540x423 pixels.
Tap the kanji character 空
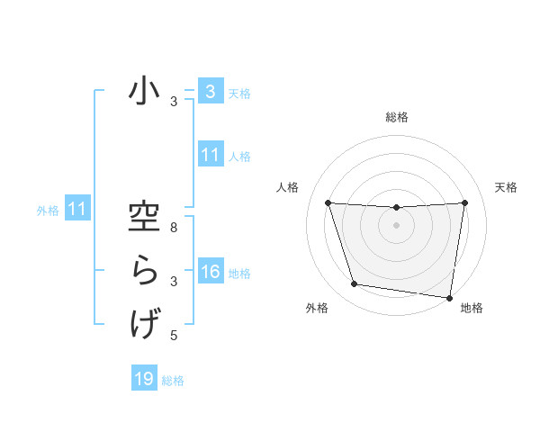[x=144, y=219]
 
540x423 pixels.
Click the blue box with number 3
[x=209, y=91]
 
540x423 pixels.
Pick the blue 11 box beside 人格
[x=210, y=155]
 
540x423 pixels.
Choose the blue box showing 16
[x=210, y=272]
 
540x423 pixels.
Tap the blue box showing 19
[x=144, y=379]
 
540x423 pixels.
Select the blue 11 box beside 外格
[x=77, y=209]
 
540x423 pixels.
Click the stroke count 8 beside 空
[x=174, y=229]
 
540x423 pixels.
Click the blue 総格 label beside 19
[x=173, y=380]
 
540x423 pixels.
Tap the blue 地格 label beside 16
[x=239, y=273]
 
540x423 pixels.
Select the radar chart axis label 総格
[x=397, y=117]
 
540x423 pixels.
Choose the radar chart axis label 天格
[x=506, y=187]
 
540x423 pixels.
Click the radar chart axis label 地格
[x=471, y=308]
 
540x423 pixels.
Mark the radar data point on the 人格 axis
[x=328, y=203]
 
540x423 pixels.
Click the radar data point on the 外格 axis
[x=355, y=284]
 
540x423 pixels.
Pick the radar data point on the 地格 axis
[x=448, y=297]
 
